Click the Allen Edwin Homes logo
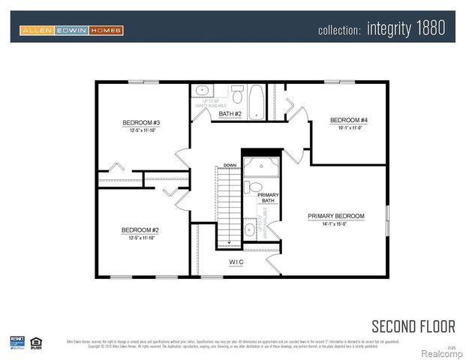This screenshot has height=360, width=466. pyautogui.click(x=72, y=31)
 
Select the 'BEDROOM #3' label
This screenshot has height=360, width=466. pyautogui.click(x=141, y=122)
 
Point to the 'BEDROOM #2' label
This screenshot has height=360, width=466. pyautogui.click(x=141, y=230)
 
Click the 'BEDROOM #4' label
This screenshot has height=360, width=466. pyautogui.click(x=349, y=120)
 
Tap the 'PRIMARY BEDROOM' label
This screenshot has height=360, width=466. pyautogui.click(x=335, y=216)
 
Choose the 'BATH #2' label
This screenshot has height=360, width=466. pyautogui.click(x=230, y=114)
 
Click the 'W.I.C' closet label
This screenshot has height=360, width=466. pyautogui.click(x=236, y=262)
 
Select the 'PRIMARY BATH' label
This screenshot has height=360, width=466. pyautogui.click(x=268, y=198)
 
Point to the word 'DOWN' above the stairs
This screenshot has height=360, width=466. pyautogui.click(x=230, y=165)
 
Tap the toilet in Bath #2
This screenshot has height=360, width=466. pyautogui.click(x=237, y=95)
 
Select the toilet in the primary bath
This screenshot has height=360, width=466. pyautogui.click(x=255, y=187)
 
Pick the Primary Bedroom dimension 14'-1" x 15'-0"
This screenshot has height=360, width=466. pyautogui.click(x=335, y=223)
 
